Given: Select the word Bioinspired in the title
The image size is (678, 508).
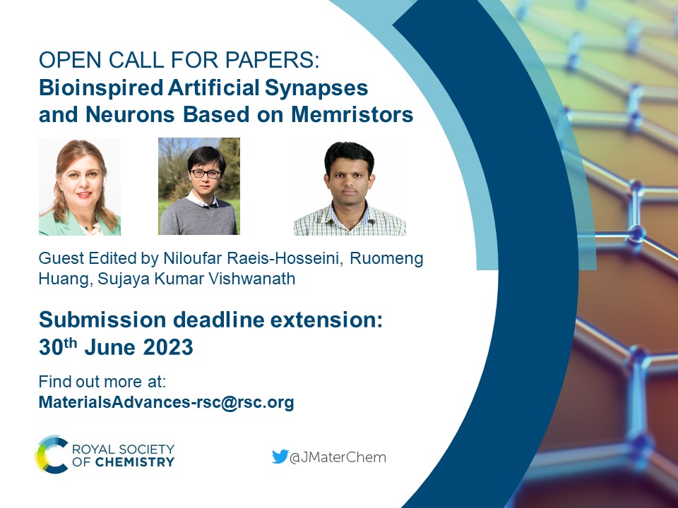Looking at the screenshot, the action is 101,88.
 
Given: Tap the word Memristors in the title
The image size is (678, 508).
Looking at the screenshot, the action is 352,114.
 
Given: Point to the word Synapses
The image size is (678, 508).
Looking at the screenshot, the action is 316,88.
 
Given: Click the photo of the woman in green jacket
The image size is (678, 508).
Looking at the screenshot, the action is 80,186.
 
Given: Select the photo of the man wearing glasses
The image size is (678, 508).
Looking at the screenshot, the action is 199,186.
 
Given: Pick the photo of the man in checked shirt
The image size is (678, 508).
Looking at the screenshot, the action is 350,188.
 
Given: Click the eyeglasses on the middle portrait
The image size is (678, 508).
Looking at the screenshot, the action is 206,174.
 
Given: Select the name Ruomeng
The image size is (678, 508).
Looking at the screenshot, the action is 386,258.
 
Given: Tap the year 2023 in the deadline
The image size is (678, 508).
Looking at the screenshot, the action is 168,347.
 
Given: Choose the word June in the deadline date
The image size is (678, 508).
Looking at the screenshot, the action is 110,347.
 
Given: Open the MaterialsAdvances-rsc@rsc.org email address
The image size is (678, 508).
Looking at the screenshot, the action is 167,402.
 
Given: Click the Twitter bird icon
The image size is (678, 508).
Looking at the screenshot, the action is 280,456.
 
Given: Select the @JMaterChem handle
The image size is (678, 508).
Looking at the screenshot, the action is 338,457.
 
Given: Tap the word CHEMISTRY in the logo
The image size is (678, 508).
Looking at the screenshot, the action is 134,462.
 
